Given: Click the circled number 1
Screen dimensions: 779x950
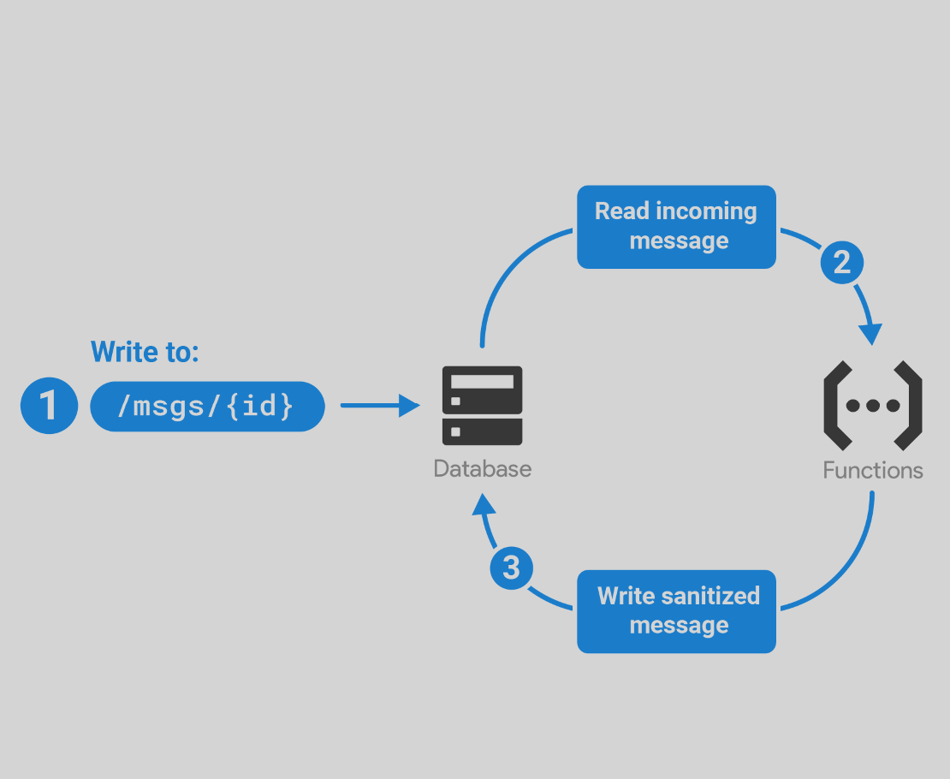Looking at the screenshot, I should point(49,405).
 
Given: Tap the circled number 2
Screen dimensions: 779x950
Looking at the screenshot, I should point(842,262).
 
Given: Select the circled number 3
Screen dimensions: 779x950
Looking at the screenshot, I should point(511,568).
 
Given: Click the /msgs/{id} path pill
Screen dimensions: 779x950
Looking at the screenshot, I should point(207,406).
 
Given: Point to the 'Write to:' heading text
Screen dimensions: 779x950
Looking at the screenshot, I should point(145,351).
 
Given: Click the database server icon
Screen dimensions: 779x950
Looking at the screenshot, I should point(482,406).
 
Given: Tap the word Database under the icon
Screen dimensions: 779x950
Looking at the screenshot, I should point(482,468).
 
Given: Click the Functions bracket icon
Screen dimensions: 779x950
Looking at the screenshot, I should point(872,406).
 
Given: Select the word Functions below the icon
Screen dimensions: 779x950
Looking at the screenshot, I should point(872,470).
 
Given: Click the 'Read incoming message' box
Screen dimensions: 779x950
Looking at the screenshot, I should point(676,227).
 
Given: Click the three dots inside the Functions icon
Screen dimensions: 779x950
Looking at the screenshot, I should point(872,406).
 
